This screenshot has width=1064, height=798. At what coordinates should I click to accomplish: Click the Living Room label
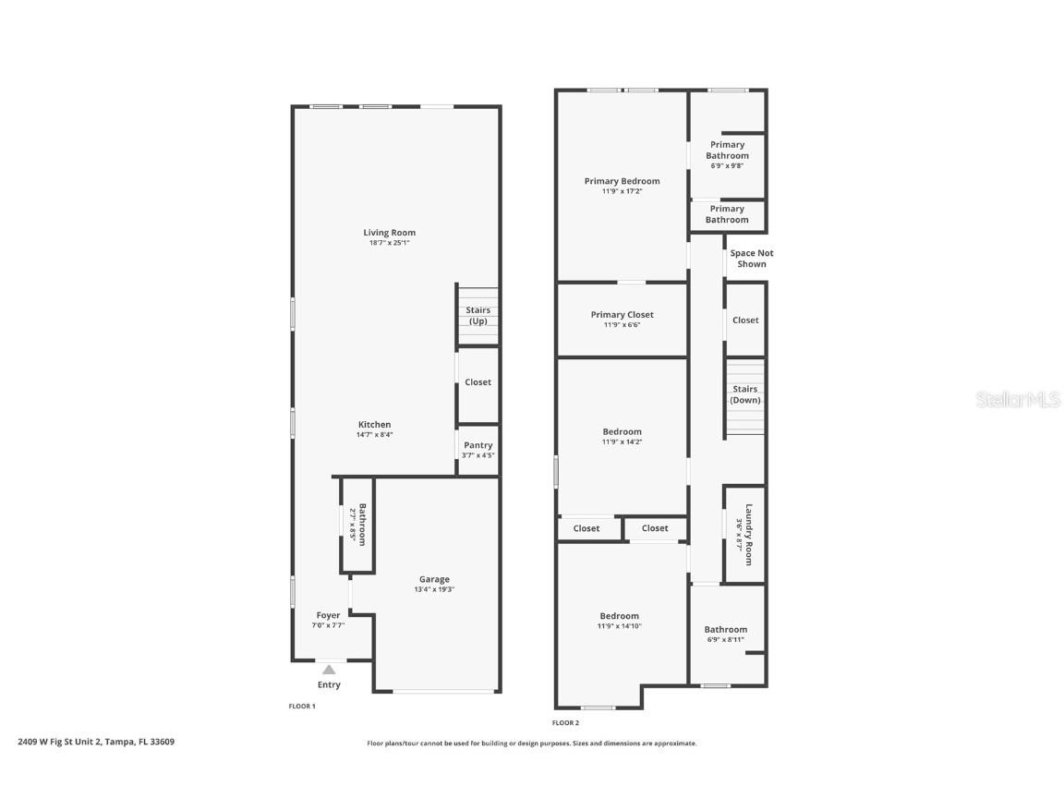pos(389,233)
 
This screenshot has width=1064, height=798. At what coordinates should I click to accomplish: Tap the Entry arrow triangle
pos(329,670)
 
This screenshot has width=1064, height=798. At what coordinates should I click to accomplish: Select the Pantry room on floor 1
pos(478,450)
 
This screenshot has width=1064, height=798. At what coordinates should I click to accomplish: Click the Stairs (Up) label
pos(478,316)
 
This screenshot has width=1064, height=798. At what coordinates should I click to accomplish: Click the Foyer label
pos(328,615)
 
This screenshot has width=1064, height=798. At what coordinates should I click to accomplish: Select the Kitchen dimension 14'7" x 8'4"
pos(375,435)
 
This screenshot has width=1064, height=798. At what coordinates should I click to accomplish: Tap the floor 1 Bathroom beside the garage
pos(357,525)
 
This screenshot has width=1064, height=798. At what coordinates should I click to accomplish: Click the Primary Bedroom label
pos(622,181)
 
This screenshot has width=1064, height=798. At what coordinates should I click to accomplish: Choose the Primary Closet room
pos(622,320)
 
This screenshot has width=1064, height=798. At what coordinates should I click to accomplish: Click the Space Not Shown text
pos(752,259)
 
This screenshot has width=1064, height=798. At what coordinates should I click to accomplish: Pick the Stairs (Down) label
pos(744,394)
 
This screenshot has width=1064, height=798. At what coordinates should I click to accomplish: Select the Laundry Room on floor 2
pos(744,534)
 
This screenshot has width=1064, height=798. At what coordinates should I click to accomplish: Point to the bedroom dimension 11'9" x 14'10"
pos(619,626)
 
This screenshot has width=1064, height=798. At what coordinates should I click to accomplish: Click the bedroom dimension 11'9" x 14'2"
pos(622,441)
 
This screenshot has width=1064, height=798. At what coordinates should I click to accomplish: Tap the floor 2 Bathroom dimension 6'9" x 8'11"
pos(725,639)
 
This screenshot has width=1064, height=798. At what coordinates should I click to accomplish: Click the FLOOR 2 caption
pos(565,723)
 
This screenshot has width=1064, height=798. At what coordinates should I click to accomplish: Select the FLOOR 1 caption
pos(302,707)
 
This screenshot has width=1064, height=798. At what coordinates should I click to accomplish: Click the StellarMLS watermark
pos(1018,400)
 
